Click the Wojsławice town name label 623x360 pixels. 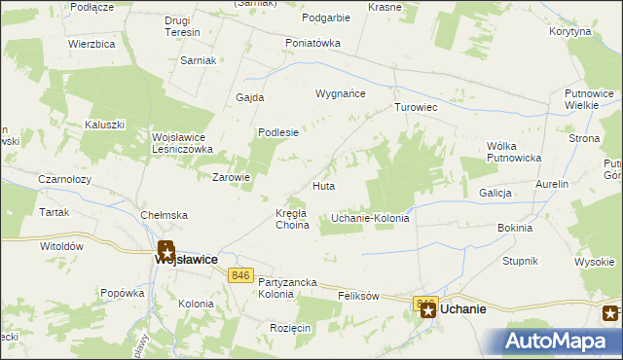(x=185, y=260)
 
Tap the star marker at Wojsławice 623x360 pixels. (x=165, y=249)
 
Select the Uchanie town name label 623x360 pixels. (x=463, y=308)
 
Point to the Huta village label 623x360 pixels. (x=324, y=185)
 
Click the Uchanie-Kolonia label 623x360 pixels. (x=370, y=218)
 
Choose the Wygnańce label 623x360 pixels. (x=339, y=94)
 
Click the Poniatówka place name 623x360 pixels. (x=312, y=43)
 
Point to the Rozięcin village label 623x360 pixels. (x=291, y=328)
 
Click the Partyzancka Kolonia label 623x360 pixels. (x=288, y=287)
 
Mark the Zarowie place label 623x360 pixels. (x=232, y=177)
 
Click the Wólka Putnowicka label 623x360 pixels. (x=513, y=152)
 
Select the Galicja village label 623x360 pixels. (x=495, y=193)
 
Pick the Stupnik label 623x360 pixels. (x=520, y=262)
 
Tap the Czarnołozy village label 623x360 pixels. (x=38, y=179)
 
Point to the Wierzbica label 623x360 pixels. (x=92, y=45)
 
